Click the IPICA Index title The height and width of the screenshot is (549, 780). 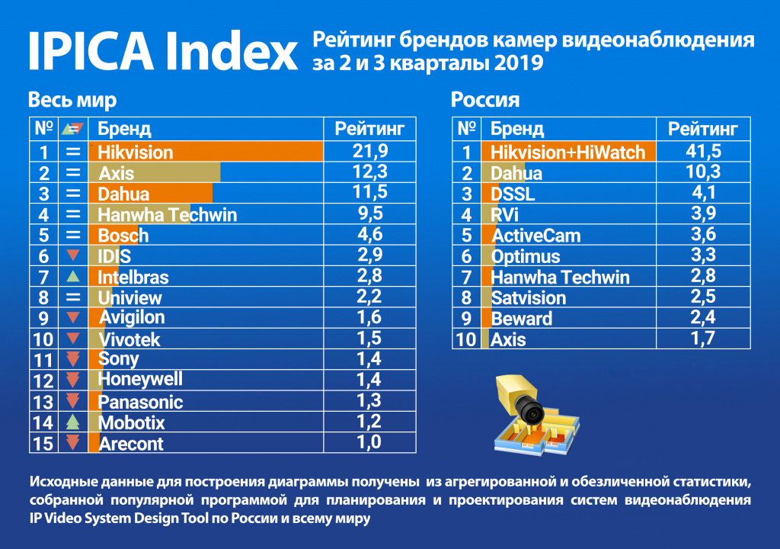(162, 51)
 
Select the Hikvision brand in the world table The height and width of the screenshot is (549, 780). (136, 152)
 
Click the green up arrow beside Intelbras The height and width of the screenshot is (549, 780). (73, 276)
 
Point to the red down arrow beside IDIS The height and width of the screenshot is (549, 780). (73, 255)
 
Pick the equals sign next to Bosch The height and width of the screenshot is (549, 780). (73, 235)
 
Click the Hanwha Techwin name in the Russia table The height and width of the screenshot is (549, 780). (560, 277)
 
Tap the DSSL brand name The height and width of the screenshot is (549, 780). (513, 194)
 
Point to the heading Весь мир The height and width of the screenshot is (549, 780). (72, 100)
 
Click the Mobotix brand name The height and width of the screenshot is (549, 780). (131, 422)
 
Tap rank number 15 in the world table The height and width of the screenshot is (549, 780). (43, 443)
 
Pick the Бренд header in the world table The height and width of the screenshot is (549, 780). (124, 128)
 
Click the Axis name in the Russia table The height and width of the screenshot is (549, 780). (508, 339)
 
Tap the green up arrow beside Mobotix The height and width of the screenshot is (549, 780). (73, 421)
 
